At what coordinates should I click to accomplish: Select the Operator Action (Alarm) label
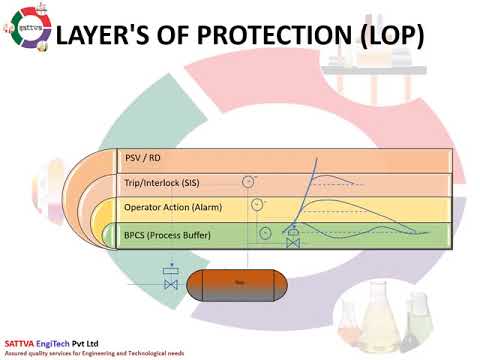172,208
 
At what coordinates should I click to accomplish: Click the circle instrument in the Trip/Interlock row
248,181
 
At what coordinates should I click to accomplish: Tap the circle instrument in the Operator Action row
256,204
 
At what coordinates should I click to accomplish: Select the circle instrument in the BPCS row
264,233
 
